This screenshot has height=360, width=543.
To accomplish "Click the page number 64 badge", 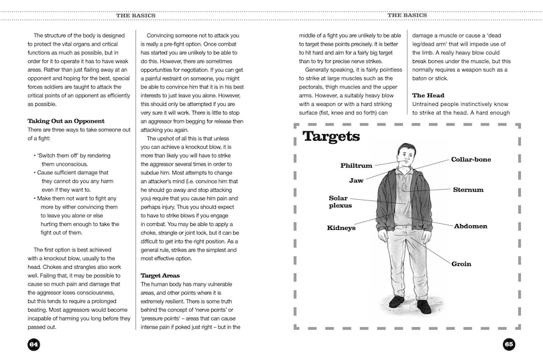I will [34, 344].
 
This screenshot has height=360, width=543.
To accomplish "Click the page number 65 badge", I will [509, 344].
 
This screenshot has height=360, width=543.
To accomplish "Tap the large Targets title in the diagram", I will [331, 137].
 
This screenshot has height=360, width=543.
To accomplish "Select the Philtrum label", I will [356, 165].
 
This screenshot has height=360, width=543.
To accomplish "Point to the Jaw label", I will [356, 181].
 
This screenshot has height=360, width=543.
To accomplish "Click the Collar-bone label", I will [471, 160].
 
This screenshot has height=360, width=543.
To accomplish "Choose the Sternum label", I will [467, 190].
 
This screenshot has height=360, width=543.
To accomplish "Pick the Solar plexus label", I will [338, 202].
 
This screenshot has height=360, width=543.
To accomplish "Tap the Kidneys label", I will [341, 228].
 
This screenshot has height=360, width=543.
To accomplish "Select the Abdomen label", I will [471, 226].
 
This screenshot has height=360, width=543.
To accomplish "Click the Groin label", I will [461, 264].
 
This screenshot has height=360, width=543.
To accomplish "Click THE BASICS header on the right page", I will [406, 15].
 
